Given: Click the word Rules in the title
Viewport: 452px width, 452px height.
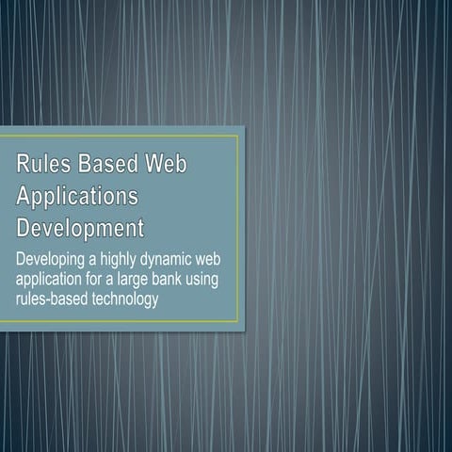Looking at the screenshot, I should (41, 165).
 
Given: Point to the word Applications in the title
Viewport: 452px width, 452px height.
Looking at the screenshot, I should (78, 197).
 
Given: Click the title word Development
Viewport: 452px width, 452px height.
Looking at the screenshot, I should (81, 228).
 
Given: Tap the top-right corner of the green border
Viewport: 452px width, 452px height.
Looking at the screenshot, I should (239, 136).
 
